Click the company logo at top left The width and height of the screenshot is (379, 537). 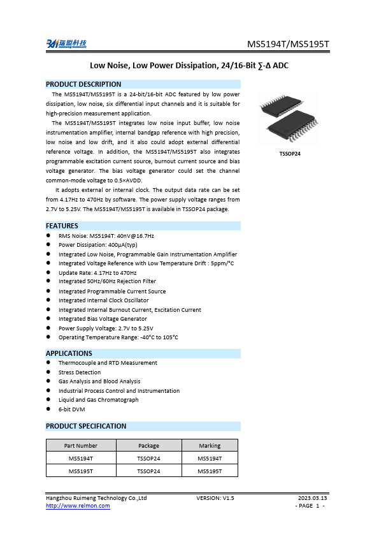[66, 43]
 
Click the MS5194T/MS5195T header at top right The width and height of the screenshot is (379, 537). [289, 44]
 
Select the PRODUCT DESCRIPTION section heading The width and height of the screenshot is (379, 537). [83, 84]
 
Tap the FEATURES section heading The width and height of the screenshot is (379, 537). [62, 226]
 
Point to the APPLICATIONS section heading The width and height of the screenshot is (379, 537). [69, 353]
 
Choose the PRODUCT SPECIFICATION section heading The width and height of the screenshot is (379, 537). [86, 426]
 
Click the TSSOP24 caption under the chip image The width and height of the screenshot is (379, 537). [290, 154]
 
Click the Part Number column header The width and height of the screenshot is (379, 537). [81, 446]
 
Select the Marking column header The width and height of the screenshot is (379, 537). [210, 446]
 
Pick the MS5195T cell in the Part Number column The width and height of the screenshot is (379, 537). [81, 471]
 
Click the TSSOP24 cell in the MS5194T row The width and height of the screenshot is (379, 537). [148, 459]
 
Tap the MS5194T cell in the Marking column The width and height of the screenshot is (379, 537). [210, 459]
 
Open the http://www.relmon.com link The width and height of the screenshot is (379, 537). [78, 506]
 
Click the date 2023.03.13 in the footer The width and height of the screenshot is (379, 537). [312, 497]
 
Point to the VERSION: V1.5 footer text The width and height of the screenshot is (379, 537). [215, 497]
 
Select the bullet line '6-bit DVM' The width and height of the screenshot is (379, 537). [71, 409]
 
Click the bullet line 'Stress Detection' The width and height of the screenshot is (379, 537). [80, 372]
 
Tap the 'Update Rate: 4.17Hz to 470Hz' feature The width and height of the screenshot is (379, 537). [97, 272]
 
